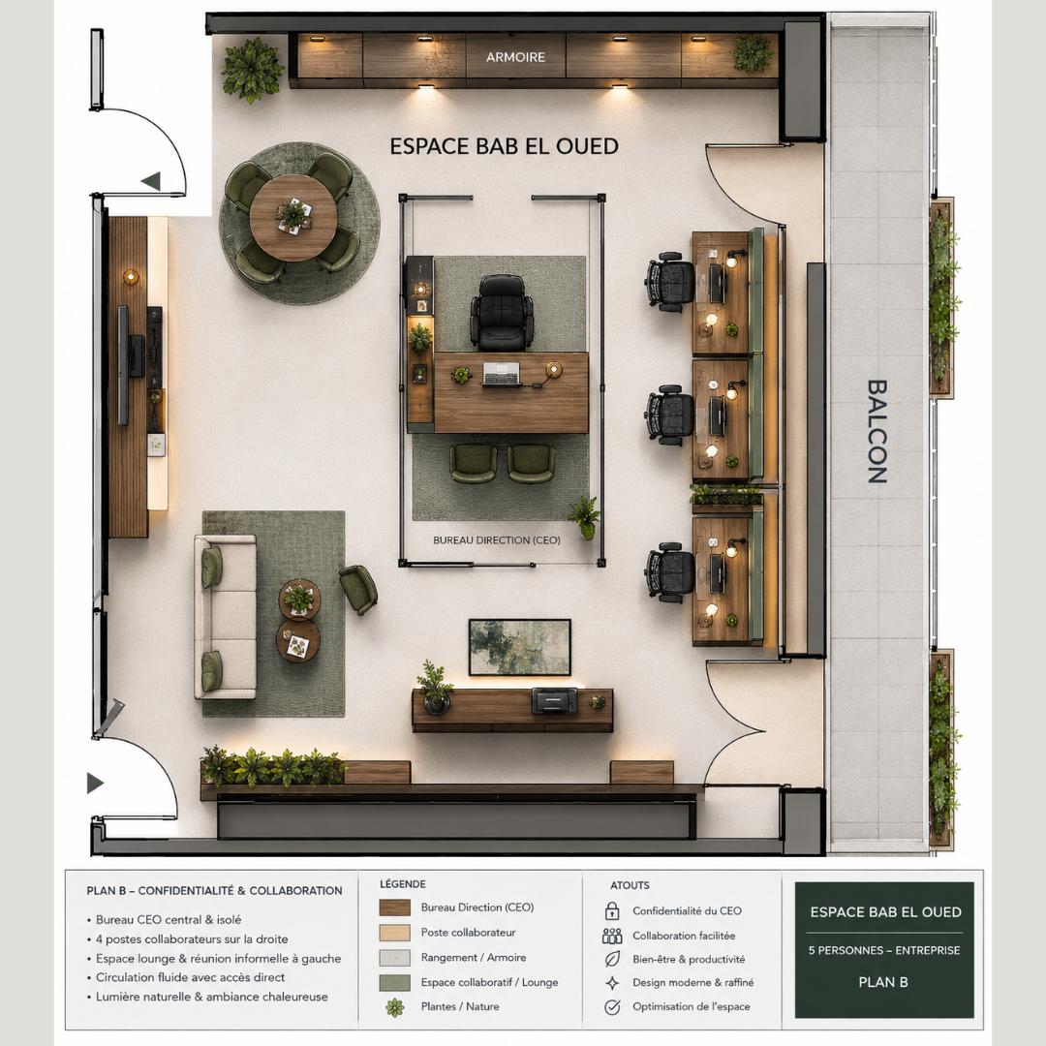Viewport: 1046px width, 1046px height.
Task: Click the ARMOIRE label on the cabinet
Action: tap(515, 57)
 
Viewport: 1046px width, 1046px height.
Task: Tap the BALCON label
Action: tap(877, 431)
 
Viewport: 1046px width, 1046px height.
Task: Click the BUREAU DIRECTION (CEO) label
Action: tap(496, 540)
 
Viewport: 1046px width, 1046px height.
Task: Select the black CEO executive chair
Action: tap(502, 312)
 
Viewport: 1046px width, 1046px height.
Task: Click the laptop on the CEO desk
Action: tap(501, 374)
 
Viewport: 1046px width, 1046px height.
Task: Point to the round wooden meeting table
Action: tap(292, 218)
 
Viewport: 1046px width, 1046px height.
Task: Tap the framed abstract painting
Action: tap(520, 647)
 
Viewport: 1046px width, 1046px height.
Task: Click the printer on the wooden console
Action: tap(554, 700)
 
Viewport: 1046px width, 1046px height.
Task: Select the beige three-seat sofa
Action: tap(226, 616)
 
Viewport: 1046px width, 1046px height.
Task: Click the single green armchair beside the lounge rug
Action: tap(358, 589)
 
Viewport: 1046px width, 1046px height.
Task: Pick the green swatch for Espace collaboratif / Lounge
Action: tap(395, 982)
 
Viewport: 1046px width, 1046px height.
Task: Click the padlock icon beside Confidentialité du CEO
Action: tap(612, 910)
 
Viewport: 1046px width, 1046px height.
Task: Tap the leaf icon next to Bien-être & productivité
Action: tap(612, 959)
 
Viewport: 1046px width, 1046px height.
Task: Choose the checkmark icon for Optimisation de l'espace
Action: tap(612, 1006)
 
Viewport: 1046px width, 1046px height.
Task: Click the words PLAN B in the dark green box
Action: tap(883, 982)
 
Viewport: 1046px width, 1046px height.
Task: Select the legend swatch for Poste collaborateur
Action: tap(395, 933)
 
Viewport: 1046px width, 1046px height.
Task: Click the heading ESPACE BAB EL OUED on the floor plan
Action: tap(504, 146)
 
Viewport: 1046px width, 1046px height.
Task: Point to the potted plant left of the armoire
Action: tap(252, 70)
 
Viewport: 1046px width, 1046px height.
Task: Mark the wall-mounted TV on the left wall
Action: tap(123, 365)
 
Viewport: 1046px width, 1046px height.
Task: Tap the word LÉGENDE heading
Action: tap(402, 884)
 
